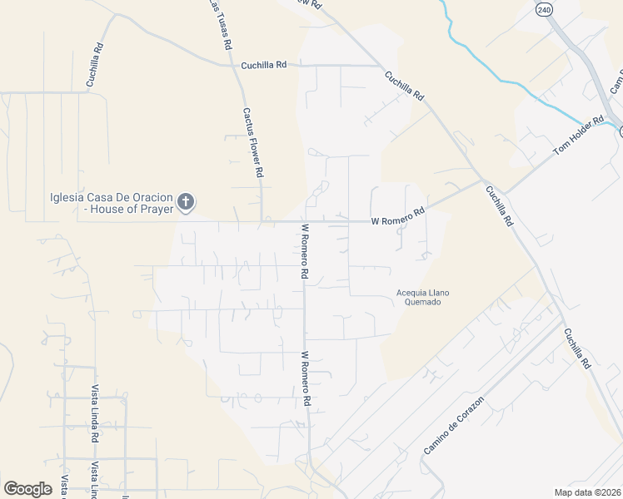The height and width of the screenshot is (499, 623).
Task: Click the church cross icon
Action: pos(186,200)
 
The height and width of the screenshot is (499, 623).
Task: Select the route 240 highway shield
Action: pos(544,9)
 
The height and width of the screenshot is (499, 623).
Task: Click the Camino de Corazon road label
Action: pos(454,426)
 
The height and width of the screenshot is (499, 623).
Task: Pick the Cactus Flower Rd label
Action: pos(253,142)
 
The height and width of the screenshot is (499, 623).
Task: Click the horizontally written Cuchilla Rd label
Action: pos(263,65)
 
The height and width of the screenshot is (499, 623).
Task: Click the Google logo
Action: pos(27,489)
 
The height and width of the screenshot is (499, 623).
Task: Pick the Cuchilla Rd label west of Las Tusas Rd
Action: pos(94,66)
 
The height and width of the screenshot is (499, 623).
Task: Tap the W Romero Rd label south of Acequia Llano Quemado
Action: pos(306,378)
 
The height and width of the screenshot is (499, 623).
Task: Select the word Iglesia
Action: pos(68,197)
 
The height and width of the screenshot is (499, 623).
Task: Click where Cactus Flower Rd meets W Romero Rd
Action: pos(262,222)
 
